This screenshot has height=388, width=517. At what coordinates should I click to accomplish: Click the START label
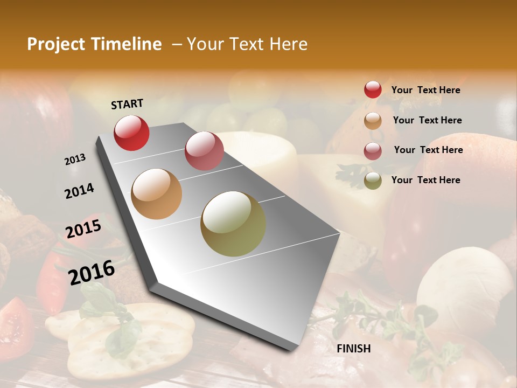pos(127,104)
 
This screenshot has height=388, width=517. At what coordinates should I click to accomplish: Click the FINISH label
pos(353,349)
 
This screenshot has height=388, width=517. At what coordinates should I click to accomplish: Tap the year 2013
pos(75,160)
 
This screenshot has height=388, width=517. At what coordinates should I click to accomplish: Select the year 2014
pos(79,191)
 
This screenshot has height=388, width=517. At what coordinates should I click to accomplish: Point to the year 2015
pos(83,229)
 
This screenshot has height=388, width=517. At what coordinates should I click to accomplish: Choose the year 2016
pos(92,272)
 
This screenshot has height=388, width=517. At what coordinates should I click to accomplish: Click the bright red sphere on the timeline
pos(131,133)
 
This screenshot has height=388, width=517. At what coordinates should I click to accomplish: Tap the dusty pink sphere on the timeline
pos(204,150)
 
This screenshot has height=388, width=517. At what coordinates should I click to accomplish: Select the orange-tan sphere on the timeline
pos(157,193)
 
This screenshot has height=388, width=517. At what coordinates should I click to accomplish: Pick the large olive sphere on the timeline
pos(233,224)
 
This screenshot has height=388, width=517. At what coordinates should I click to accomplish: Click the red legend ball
pos(373,89)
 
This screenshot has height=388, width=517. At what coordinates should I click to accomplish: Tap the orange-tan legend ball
pos(373,120)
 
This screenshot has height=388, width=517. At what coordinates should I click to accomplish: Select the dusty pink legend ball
pos(373,150)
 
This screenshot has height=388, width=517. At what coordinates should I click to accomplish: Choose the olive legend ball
pos(373,181)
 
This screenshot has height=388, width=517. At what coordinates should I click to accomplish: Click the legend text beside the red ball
pos(425,90)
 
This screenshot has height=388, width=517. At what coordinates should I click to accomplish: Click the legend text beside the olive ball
pos(425,180)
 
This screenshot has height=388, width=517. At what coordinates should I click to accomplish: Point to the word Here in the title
pos(288,44)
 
